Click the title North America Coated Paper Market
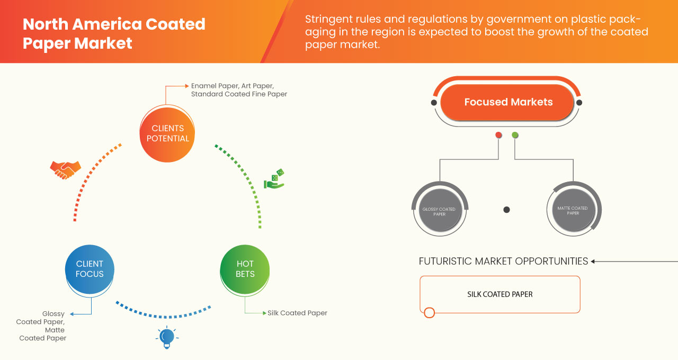click(114, 33)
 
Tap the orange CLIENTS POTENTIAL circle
click(167, 133)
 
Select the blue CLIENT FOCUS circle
click(90, 269)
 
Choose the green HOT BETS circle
click(245, 269)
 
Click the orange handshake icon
click(65, 169)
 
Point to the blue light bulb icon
click(167, 337)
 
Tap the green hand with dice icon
click(274, 179)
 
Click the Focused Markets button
click(508, 102)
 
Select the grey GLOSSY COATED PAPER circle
click(439, 211)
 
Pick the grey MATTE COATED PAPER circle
click(573, 210)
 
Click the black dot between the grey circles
click(506, 210)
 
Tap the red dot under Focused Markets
click(498, 135)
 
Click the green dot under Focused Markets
click(515, 135)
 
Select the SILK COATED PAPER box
click(499, 294)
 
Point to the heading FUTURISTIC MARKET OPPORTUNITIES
click(503, 261)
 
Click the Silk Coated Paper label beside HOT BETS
click(297, 313)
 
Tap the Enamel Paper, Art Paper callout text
click(239, 89)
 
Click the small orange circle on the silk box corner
click(430, 312)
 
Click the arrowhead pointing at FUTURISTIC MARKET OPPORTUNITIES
click(593, 261)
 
